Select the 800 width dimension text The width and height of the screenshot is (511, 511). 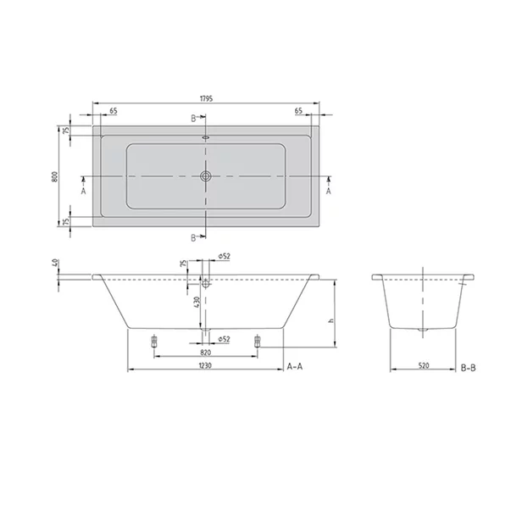click(x=54, y=176)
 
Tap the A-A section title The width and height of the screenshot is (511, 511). click(x=296, y=366)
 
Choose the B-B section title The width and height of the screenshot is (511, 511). click(x=469, y=366)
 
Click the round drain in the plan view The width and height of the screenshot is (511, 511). click(x=204, y=177)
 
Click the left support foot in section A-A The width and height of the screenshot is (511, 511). click(x=153, y=342)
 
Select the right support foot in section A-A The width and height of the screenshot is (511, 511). click(x=255, y=342)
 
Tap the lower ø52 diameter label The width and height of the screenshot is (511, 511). click(x=225, y=339)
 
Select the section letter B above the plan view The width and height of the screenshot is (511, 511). click(x=193, y=118)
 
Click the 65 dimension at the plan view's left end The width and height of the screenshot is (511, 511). click(x=113, y=111)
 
